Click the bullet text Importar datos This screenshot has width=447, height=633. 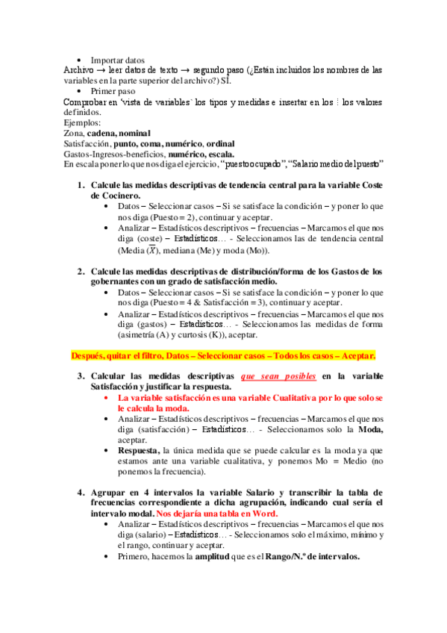(x=118, y=60)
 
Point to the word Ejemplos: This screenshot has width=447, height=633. (x=82, y=122)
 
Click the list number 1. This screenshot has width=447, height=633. (x=81, y=184)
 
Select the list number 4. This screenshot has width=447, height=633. (x=81, y=493)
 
